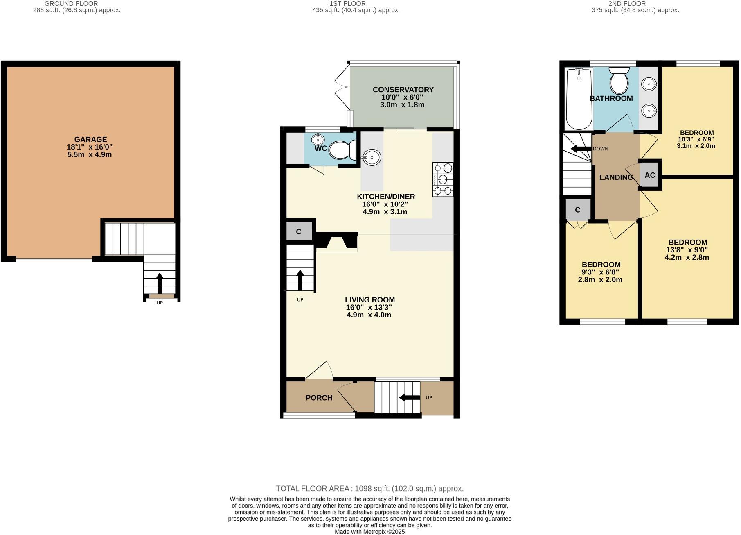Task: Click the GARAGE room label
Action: (x=90, y=139)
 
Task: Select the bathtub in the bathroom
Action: (x=579, y=99)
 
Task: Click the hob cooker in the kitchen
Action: (x=443, y=179)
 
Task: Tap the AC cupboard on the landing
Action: (x=650, y=175)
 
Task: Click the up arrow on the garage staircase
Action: (x=160, y=282)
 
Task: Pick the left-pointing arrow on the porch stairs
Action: (x=409, y=397)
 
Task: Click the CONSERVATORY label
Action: (x=403, y=90)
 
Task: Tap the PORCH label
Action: (x=319, y=398)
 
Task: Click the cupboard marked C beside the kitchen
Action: (x=299, y=232)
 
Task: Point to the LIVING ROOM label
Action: (x=369, y=300)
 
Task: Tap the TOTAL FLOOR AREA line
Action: (x=369, y=488)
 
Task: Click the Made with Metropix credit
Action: (x=369, y=532)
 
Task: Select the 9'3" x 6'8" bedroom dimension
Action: (x=600, y=272)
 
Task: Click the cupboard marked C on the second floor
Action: (x=577, y=210)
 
